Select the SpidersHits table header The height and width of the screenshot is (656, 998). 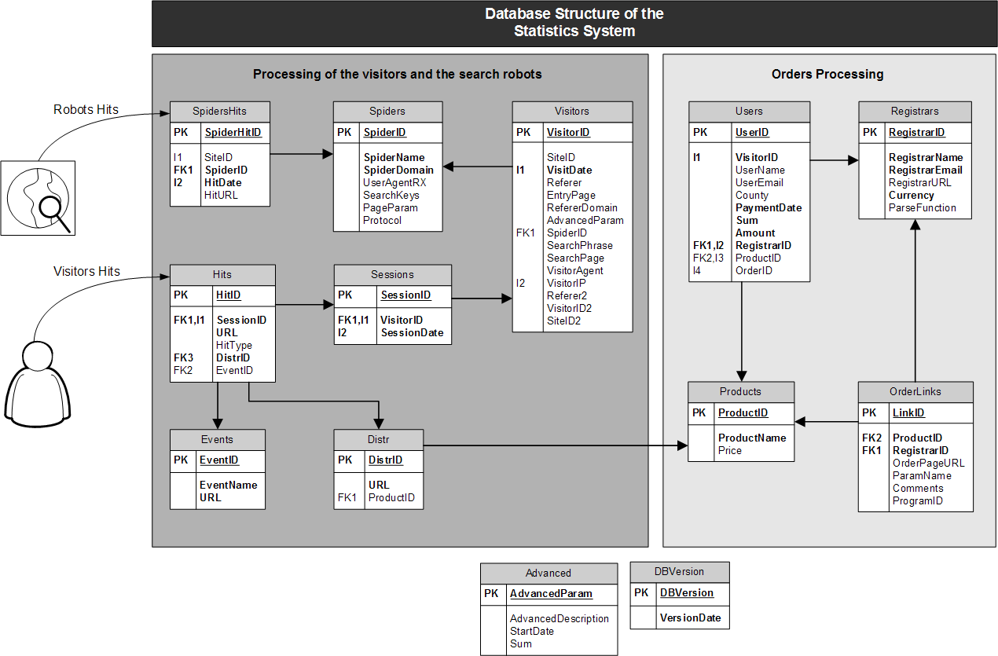click(x=220, y=111)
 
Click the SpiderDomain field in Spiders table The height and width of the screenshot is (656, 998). click(x=398, y=170)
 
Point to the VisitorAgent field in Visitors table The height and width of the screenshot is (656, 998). click(x=575, y=270)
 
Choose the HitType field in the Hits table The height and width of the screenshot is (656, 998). click(x=234, y=345)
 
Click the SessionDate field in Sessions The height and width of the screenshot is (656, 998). click(x=412, y=332)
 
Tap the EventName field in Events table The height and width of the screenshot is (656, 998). click(x=228, y=485)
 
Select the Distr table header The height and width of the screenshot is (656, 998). click(x=379, y=438)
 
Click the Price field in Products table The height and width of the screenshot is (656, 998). click(x=729, y=450)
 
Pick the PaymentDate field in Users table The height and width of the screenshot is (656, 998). click(x=769, y=207)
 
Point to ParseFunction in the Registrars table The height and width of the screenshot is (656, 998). click(x=923, y=207)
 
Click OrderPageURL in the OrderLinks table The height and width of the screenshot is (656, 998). click(x=928, y=463)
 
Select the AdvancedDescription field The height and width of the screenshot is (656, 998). click(x=560, y=618)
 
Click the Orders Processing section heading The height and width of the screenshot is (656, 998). click(x=827, y=74)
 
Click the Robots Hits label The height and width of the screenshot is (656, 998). click(x=86, y=109)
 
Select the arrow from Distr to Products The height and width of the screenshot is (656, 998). click(x=550, y=446)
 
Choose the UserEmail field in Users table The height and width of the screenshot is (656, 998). click(x=759, y=182)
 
